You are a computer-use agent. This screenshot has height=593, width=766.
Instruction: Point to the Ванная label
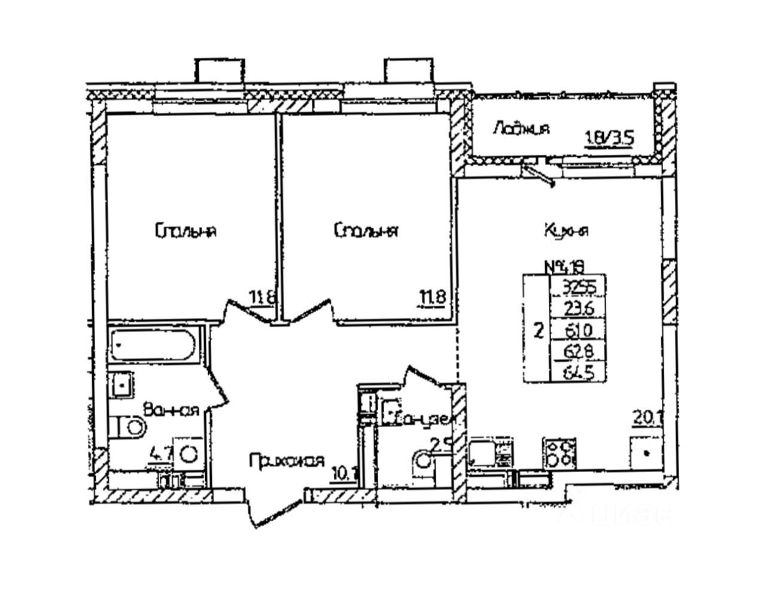(x=171, y=410)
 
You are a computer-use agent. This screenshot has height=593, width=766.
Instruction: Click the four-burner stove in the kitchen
(x=560, y=454)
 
